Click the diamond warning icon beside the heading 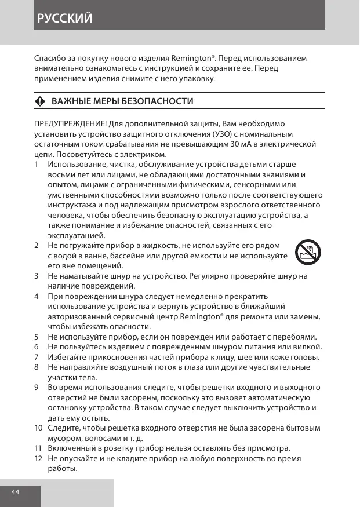(40, 102)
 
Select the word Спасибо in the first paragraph (50, 59)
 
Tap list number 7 (37, 357)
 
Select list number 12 (38, 458)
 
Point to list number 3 (37, 276)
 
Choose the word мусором (64, 438)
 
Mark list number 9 (37, 387)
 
